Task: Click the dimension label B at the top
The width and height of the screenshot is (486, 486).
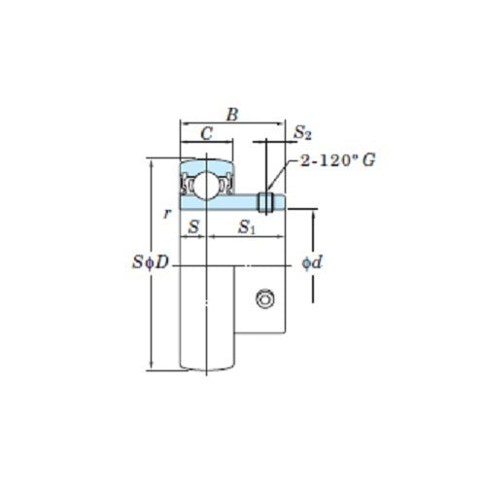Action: (231, 114)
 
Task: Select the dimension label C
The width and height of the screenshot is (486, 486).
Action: (206, 133)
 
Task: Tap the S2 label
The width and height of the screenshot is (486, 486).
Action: (302, 133)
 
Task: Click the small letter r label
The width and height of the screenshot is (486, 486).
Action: (168, 214)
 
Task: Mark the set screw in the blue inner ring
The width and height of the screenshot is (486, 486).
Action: (264, 202)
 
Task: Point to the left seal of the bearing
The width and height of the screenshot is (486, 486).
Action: (191, 183)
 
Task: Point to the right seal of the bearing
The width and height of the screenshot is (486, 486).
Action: (225, 183)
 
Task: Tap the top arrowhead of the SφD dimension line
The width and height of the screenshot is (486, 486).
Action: (151, 161)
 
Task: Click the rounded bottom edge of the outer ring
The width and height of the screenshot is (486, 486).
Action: (207, 368)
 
